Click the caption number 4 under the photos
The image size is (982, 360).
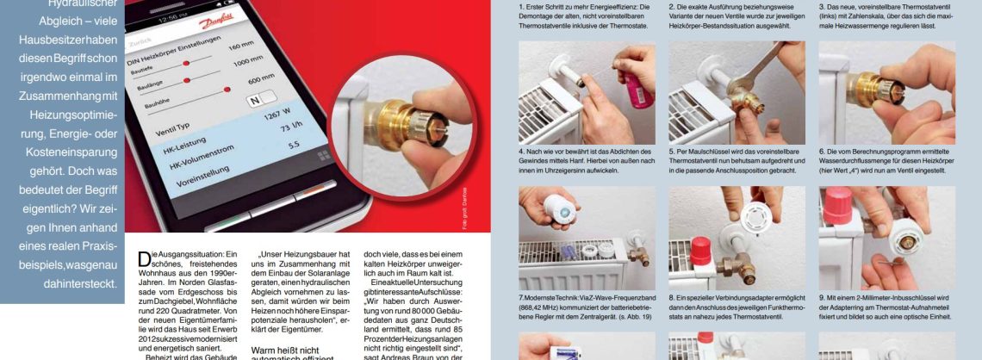pyautogui.click(x=521, y=152)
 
